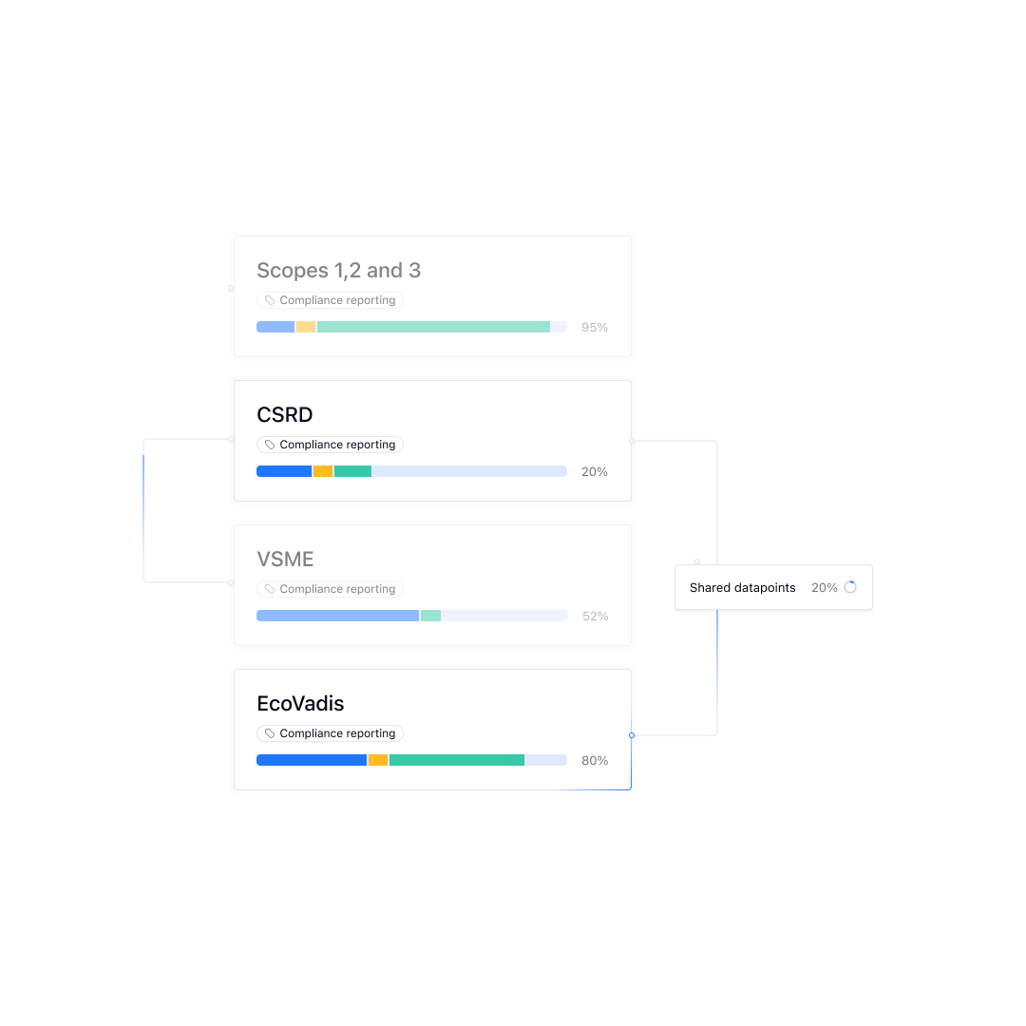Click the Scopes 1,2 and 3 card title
click(x=338, y=271)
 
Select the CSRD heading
click(x=284, y=415)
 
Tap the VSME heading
click(x=285, y=560)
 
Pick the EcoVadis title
click(x=300, y=704)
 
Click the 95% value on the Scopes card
click(x=595, y=328)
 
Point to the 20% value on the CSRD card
click(x=595, y=472)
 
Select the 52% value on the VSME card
click(x=596, y=617)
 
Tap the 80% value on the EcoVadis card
click(x=595, y=761)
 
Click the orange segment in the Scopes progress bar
click(x=305, y=327)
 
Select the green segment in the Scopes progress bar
click(x=433, y=327)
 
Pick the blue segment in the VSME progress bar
click(x=337, y=616)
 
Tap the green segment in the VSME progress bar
click(x=431, y=616)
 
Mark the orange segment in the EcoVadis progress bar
click(x=378, y=760)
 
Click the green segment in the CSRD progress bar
click(x=352, y=471)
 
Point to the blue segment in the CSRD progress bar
click(x=284, y=471)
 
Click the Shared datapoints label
click(x=743, y=588)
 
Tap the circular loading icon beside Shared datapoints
click(x=850, y=587)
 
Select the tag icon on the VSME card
click(x=270, y=589)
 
